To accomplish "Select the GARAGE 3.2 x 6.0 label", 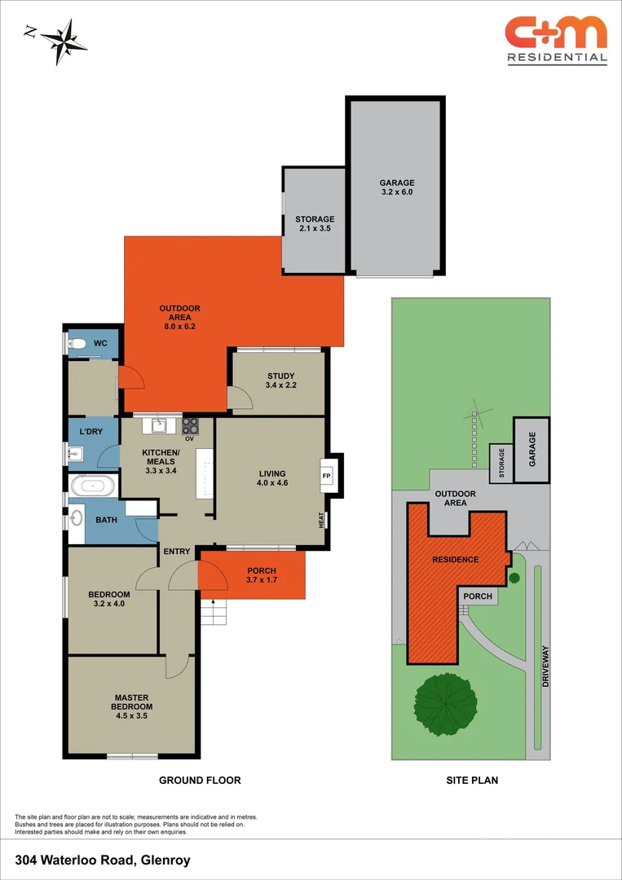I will (397, 187).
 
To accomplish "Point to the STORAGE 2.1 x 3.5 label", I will (315, 224).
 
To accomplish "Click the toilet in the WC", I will (78, 344).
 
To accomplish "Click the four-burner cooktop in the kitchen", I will (191, 425).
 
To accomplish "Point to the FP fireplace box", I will (327, 476).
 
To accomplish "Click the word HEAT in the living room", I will (321, 519).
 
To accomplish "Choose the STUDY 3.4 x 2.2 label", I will (280, 381).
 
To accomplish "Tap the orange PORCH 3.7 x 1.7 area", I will (261, 575).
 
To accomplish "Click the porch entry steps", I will (212, 612).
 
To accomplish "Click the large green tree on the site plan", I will (445, 702).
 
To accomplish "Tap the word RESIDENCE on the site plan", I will (456, 560).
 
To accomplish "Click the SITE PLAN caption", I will (472, 780).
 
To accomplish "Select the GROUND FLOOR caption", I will (200, 780).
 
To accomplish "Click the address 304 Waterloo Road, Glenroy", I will (103, 860).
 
